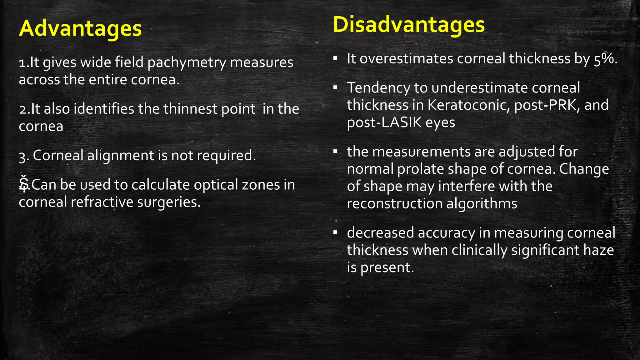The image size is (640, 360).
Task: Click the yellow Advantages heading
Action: (x=80, y=28)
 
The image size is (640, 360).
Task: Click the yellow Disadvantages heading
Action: (x=409, y=25)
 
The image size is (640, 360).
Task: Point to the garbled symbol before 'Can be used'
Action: (x=24, y=184)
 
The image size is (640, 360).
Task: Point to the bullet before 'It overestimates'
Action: (x=335, y=58)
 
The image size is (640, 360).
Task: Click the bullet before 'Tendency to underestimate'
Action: (x=335, y=87)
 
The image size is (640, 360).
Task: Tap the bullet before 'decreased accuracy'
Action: (x=335, y=233)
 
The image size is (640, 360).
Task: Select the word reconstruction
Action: (x=394, y=204)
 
